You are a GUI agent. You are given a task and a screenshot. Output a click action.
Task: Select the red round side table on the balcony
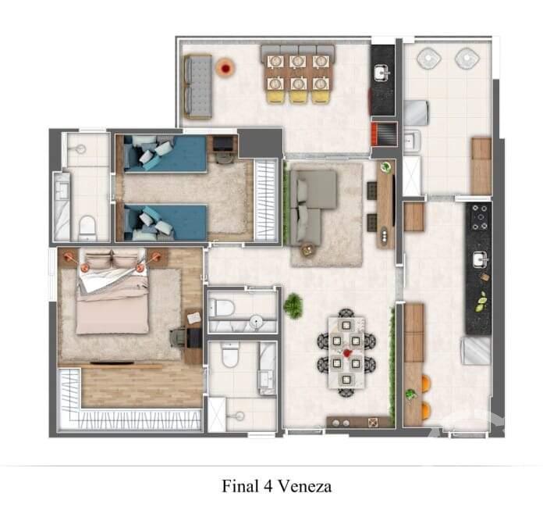[226, 69]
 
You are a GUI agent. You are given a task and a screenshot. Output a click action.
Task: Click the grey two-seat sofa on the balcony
[198, 86]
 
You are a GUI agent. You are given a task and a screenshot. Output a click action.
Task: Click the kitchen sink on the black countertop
[478, 259]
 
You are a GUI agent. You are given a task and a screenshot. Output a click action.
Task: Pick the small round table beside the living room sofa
[306, 249]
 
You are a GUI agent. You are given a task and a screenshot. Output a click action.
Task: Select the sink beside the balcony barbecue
[382, 74]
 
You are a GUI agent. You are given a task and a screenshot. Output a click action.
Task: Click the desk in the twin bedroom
[224, 145]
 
